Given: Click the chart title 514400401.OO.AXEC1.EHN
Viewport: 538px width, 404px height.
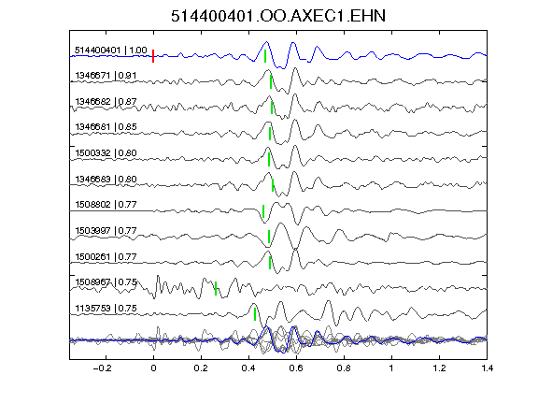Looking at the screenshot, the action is pos(278,16).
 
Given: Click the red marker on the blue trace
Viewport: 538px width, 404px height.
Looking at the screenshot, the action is pos(153,56).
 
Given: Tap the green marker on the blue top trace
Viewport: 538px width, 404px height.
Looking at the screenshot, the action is pos(265,56).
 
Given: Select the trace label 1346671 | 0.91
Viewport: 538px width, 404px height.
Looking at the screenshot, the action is pos(106,75).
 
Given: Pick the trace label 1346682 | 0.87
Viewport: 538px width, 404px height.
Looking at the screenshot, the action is pos(106,101).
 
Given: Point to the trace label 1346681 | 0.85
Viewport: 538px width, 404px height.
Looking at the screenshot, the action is pos(106,127).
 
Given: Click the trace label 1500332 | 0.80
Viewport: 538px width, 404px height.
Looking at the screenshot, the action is pos(106,152).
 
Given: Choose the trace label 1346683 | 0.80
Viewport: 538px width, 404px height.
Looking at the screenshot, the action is pos(106,179).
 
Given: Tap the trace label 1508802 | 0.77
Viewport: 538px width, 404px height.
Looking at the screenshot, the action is pos(106,205).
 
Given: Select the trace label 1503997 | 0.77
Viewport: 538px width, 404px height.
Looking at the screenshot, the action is pos(106,230).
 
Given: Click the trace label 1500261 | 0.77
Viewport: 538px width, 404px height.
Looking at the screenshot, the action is pos(106,256).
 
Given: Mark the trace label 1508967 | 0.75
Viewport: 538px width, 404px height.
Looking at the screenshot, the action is pos(106,282).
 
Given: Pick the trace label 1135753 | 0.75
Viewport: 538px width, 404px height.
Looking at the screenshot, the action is pos(106,309).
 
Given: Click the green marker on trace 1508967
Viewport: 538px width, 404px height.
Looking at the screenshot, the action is pos(216,288).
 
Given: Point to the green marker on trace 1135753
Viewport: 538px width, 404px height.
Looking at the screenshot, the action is pos(255,314).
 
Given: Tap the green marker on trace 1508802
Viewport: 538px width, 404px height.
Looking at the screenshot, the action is pos(263,211).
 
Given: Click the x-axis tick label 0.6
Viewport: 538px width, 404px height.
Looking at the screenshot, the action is pos(296,368).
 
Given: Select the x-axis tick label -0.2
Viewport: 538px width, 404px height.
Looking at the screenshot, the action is pos(103,368).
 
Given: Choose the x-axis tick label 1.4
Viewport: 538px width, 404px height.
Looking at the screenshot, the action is pos(487,368).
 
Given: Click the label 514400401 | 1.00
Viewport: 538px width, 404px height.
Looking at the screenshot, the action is pos(111,50).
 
